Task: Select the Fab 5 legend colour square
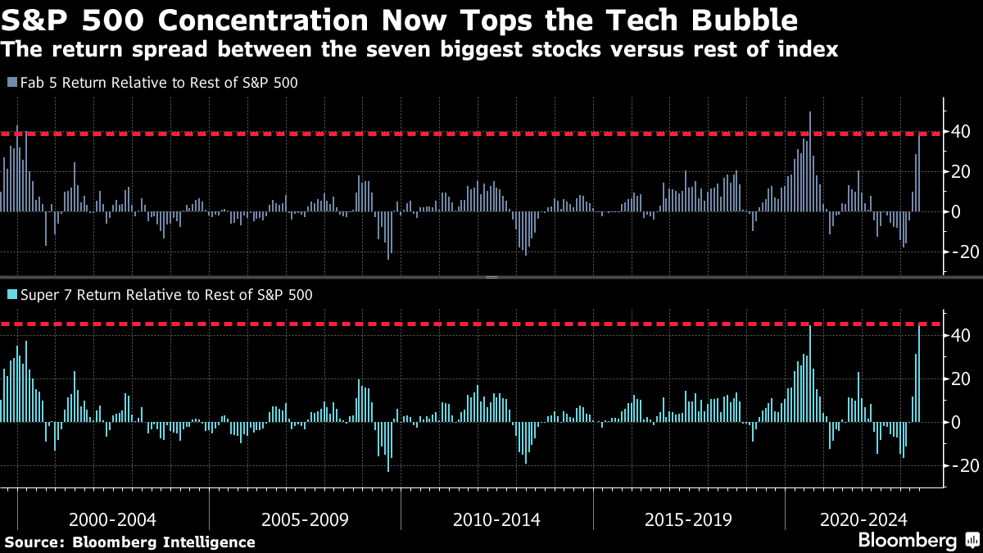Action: (11, 83)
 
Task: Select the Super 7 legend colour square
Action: (11, 293)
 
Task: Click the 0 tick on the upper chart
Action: (955, 211)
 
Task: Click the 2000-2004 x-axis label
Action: (112, 519)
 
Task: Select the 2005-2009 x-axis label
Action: (305, 519)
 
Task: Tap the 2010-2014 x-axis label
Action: (496, 519)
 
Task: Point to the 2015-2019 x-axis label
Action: (688, 519)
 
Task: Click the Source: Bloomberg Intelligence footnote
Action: (129, 542)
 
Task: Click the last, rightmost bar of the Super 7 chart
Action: (919, 374)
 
